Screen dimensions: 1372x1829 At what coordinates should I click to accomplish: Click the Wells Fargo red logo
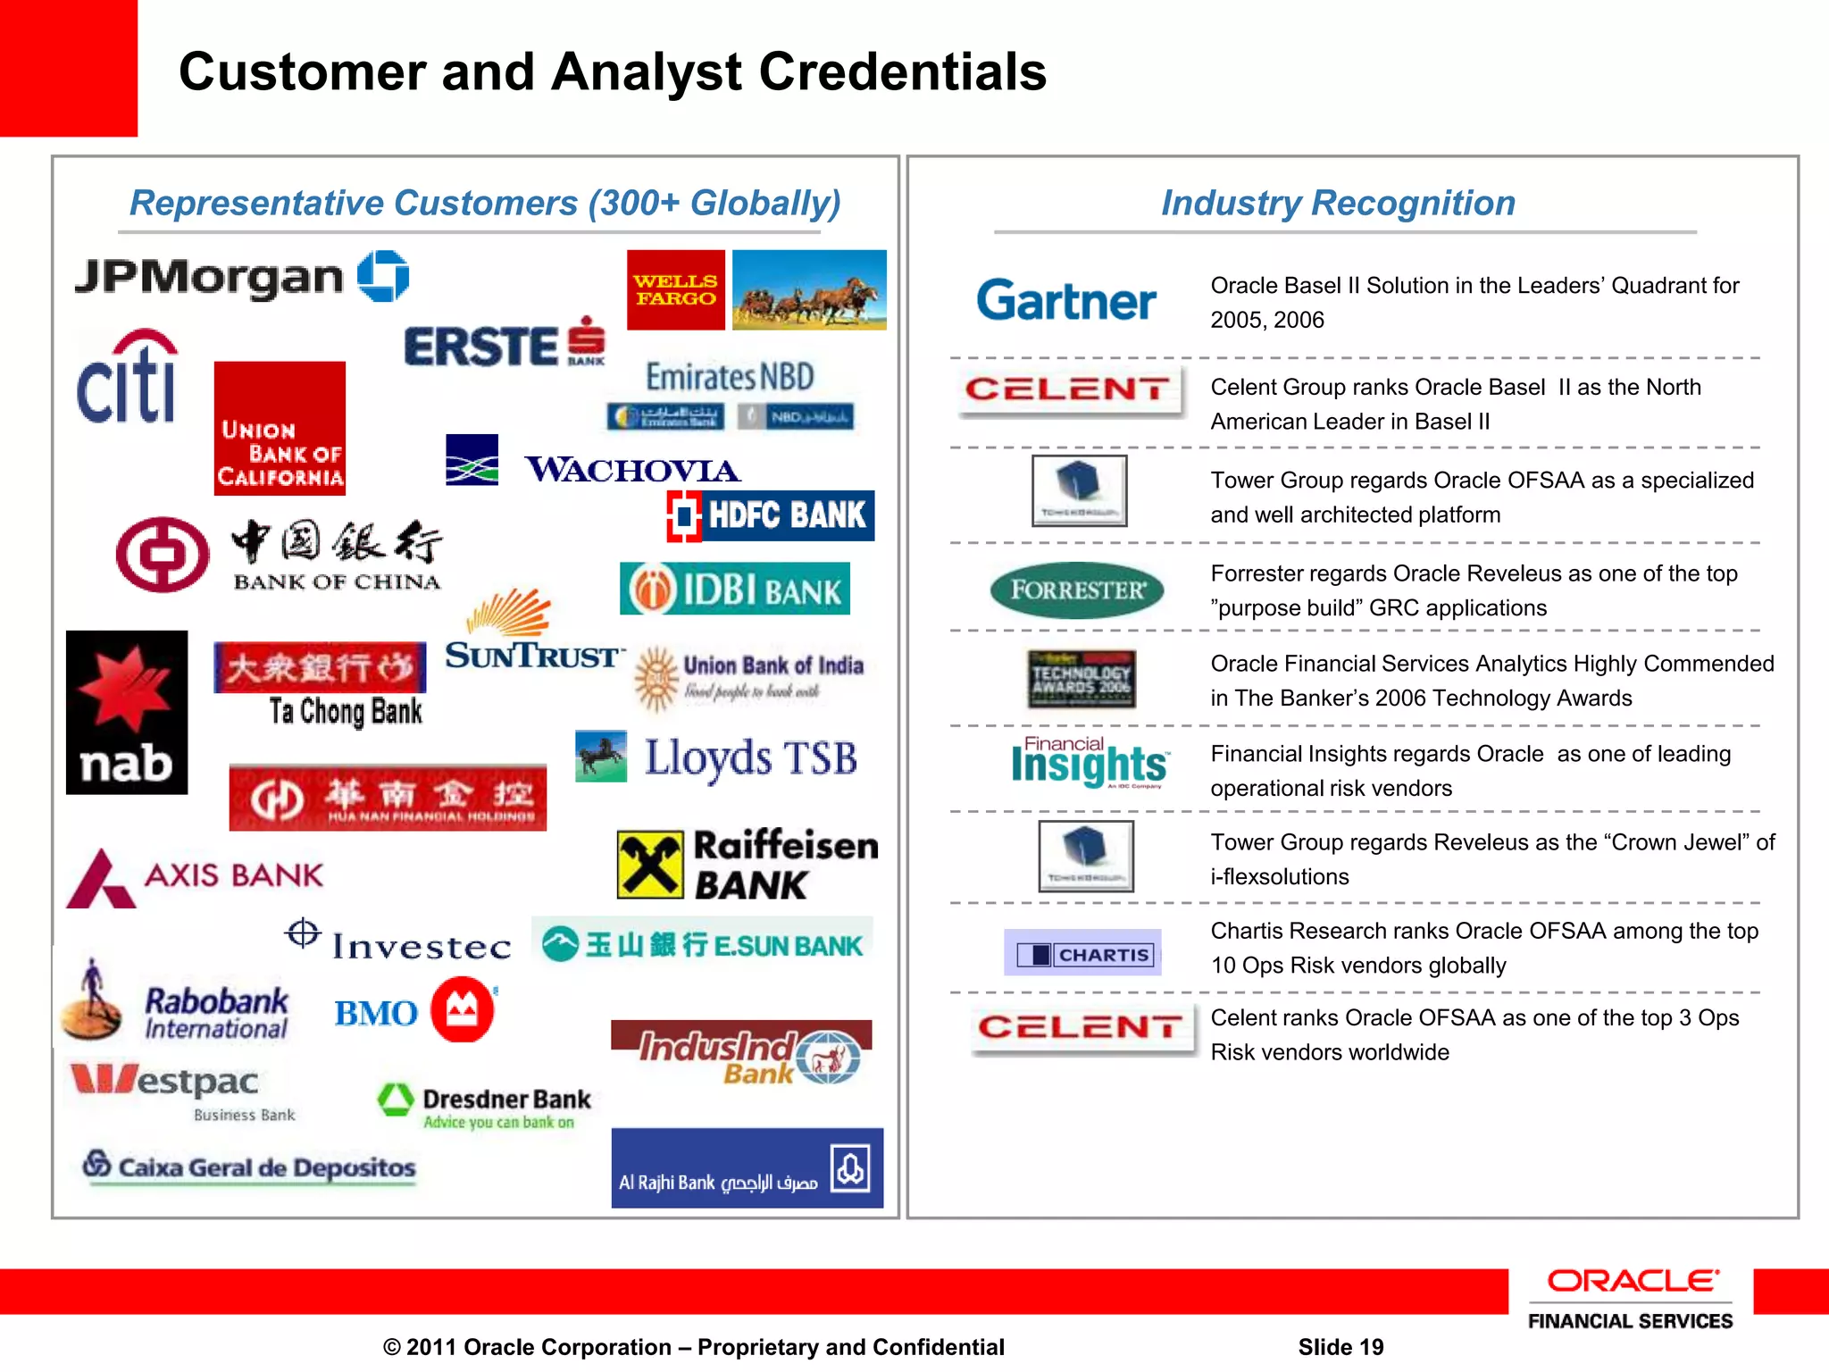(675, 289)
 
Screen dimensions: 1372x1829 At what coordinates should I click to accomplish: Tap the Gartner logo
(1065, 300)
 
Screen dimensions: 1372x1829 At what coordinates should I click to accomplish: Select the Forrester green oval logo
(1076, 590)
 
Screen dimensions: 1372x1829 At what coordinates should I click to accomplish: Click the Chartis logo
(1082, 953)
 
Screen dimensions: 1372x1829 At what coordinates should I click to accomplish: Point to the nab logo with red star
(127, 712)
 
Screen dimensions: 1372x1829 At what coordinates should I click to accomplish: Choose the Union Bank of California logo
(280, 428)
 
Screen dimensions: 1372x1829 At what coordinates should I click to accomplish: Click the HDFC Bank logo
(770, 515)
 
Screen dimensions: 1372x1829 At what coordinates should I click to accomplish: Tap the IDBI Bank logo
(734, 590)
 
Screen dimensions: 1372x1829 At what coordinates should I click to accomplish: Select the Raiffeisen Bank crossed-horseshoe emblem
(650, 865)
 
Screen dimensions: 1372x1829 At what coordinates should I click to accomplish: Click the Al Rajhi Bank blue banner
(747, 1168)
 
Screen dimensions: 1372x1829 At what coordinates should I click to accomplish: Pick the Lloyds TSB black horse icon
(601, 756)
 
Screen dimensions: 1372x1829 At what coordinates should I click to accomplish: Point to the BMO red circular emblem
(462, 1010)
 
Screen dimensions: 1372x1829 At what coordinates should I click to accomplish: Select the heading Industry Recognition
(1338, 203)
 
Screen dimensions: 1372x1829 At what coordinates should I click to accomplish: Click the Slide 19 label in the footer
(1340, 1347)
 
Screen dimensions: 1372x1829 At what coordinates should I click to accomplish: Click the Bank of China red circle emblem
(162, 555)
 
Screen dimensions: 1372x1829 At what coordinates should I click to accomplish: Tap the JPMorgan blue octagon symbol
(383, 276)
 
